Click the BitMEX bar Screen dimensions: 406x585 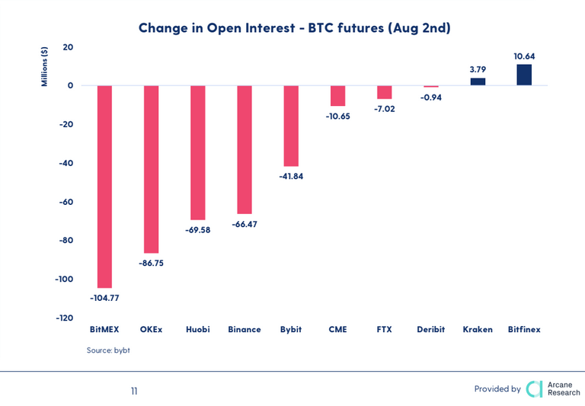pyautogui.click(x=104, y=186)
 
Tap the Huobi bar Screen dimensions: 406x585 pyautogui.click(x=197, y=152)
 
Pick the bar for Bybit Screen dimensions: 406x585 pyautogui.click(x=291, y=126)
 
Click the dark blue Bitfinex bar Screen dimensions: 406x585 pyautogui.click(x=524, y=75)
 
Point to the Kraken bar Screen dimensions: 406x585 pyautogui.click(x=478, y=82)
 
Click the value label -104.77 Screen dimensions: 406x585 pyautogui.click(x=105, y=298)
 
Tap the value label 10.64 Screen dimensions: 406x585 pyautogui.click(x=524, y=56)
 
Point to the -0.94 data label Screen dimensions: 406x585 pyautogui.click(x=431, y=97)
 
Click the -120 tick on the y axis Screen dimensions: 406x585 pyautogui.click(x=63, y=318)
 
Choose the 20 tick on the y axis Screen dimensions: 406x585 pyautogui.click(x=68, y=47)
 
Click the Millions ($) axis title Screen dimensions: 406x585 pyautogui.click(x=45, y=66)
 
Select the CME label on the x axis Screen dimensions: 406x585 pyautogui.click(x=337, y=330)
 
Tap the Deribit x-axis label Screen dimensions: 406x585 pyautogui.click(x=431, y=330)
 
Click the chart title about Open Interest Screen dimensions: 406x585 pyautogui.click(x=295, y=28)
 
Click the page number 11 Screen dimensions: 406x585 pyautogui.click(x=134, y=391)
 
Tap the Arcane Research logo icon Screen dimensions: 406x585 pyautogui.click(x=535, y=388)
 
